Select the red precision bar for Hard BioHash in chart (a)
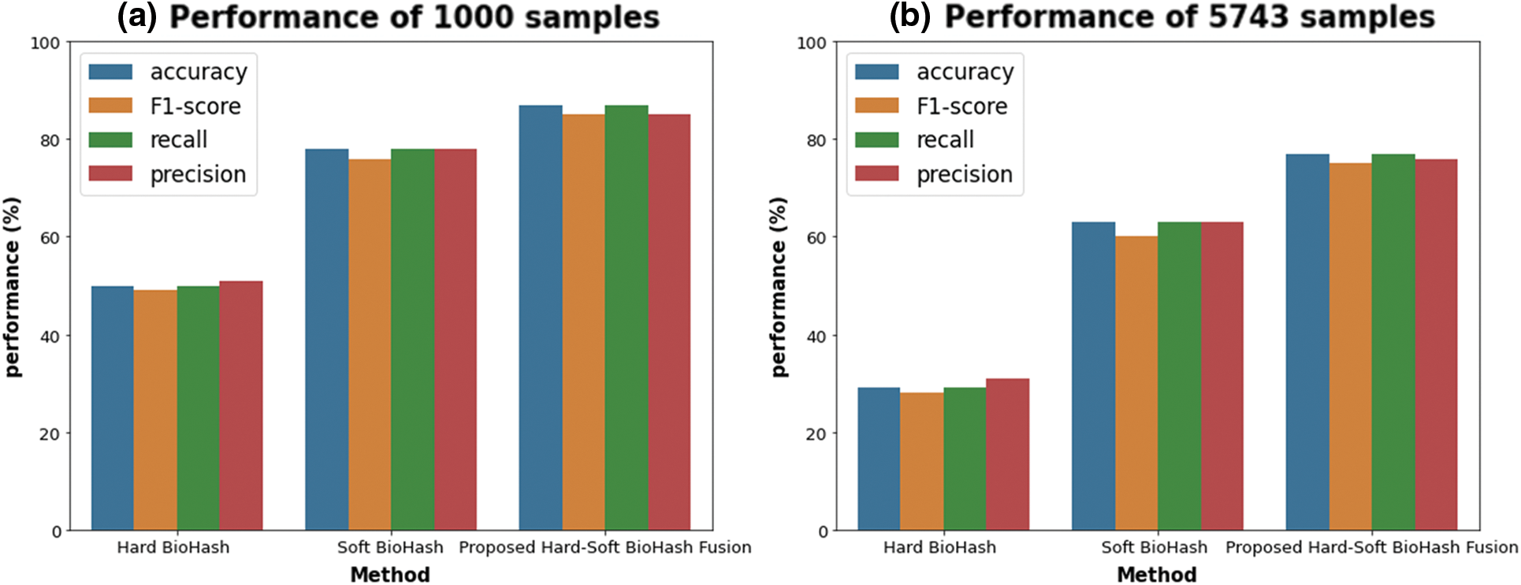pos(241,406)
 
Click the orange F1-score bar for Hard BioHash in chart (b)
pos(921,461)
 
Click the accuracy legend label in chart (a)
pos(199,72)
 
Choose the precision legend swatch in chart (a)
pos(110,173)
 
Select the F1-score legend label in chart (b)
pos(961,106)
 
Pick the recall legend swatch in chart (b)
pos(876,140)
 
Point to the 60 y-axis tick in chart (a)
pos(50,237)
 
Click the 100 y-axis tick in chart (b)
pos(811,43)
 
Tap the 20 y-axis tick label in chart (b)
pos(816,434)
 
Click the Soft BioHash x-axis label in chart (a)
pos(390,547)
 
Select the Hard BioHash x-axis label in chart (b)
pos(939,547)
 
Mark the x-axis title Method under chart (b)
pos(1156,574)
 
